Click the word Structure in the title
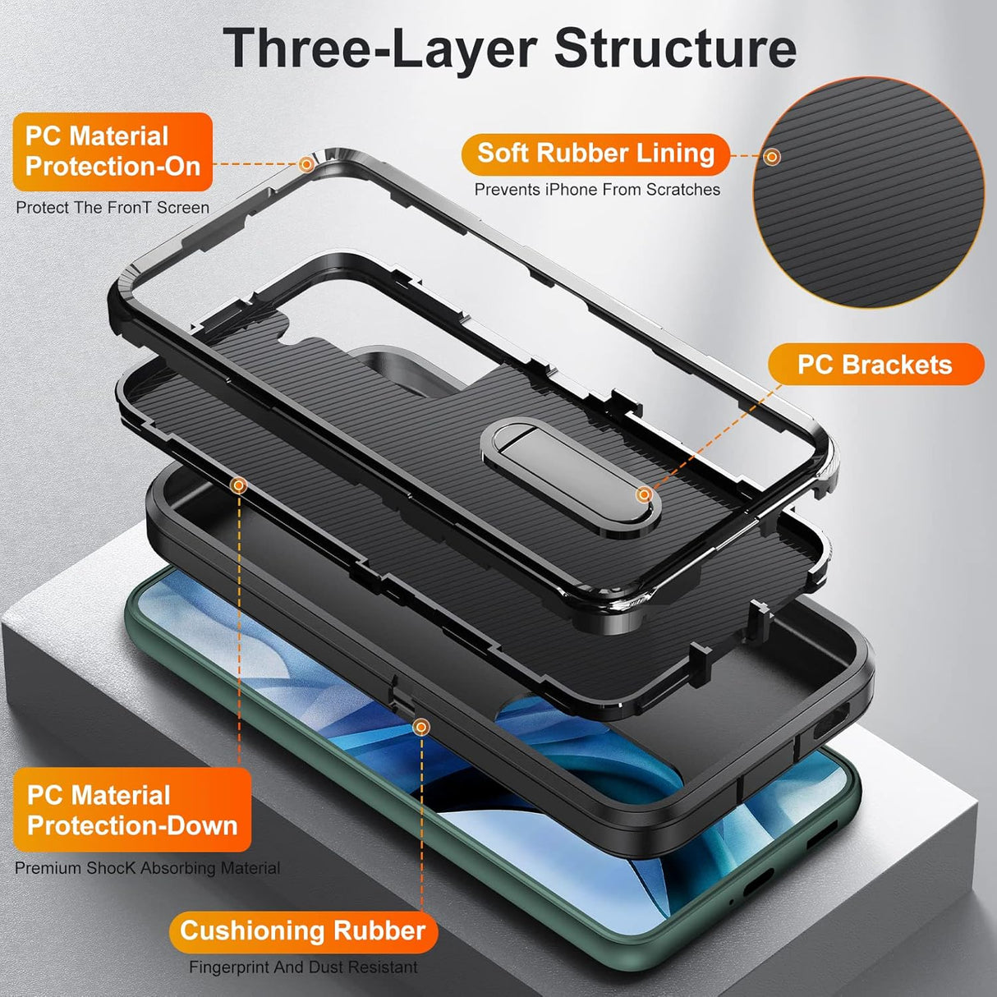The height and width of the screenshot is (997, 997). coord(675,49)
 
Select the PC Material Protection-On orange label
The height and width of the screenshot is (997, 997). coord(113,152)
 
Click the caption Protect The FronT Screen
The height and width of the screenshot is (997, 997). coord(113,208)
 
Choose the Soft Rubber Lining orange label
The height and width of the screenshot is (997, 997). coord(595,154)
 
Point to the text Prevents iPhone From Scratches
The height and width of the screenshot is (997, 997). coord(597,190)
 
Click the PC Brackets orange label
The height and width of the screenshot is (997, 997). coord(875,365)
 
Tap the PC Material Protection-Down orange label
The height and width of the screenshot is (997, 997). coord(131,811)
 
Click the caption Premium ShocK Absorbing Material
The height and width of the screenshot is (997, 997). coord(148,868)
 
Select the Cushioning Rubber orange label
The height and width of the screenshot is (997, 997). coord(302,930)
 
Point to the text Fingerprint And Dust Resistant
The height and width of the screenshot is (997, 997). coord(303,967)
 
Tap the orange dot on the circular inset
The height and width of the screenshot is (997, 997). coord(771,156)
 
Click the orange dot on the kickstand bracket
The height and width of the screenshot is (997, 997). coord(645,494)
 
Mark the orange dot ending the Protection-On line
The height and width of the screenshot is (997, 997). coord(306,164)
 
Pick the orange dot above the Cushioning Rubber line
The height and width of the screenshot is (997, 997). coord(420,727)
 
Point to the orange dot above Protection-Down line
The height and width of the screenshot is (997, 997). coord(239,486)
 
